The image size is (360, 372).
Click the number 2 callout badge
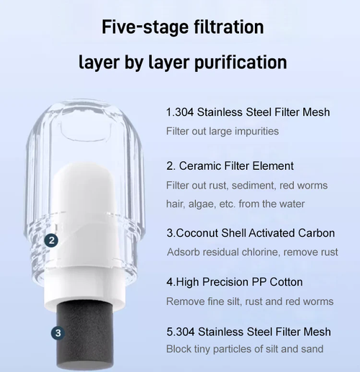51,240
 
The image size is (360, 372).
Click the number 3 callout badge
58,333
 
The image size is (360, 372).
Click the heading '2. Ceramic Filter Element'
229,166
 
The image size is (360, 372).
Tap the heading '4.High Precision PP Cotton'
234,282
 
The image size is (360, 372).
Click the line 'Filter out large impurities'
222,131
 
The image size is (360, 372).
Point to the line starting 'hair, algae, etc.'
235,204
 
